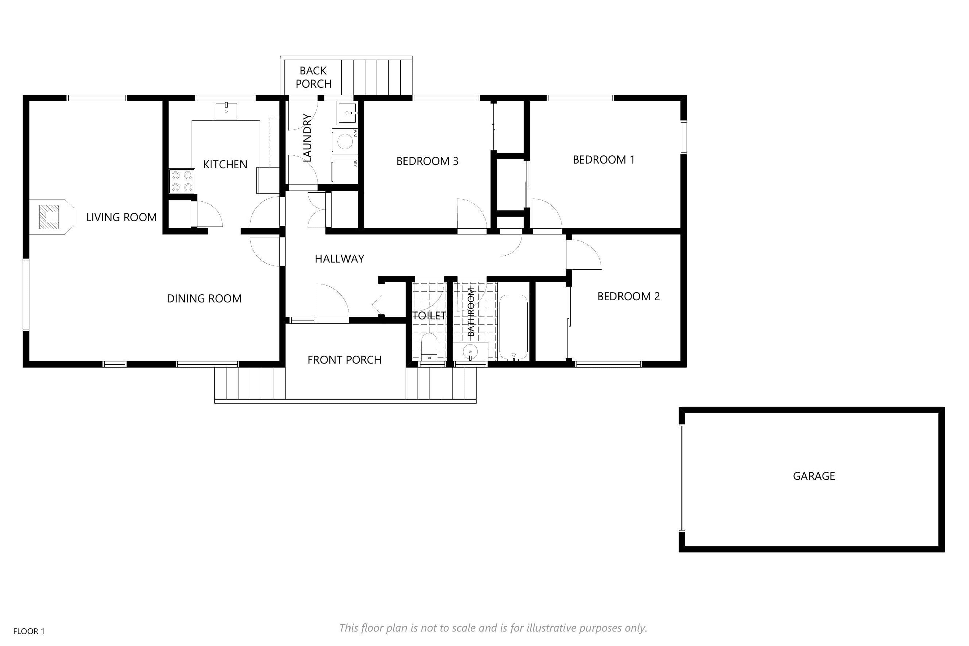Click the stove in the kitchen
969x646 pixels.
tap(182, 181)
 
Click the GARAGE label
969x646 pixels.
tap(814, 476)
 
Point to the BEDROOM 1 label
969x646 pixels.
tap(604, 159)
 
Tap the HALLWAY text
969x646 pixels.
tap(339, 259)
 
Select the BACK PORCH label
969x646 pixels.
tap(313, 77)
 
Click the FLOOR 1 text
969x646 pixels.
tap(29, 631)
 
